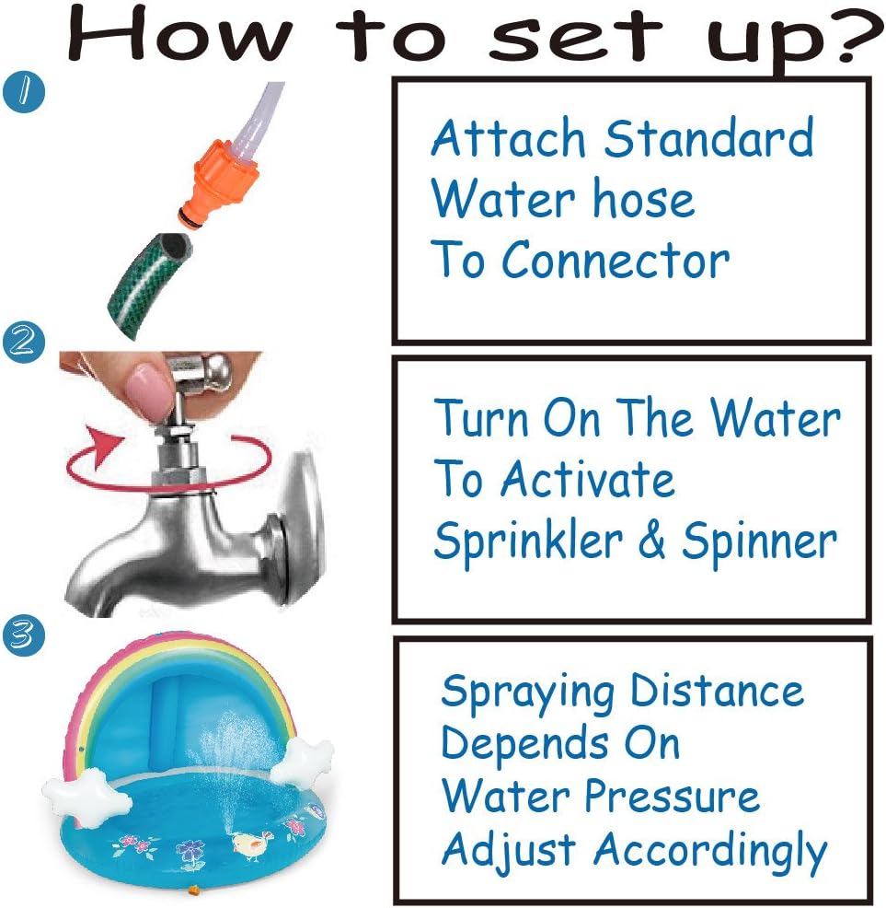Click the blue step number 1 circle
pos(24,91)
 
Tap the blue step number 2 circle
pos(24,342)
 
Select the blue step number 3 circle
pos(24,635)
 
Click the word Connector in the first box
pos(615,261)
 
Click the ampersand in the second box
pos(651,540)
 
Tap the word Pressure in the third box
pos(672,796)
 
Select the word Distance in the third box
pos(717,691)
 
